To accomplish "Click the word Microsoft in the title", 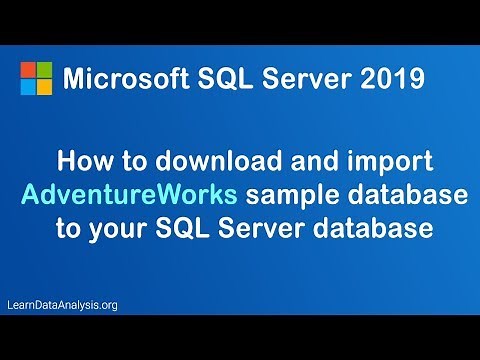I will click(x=118, y=78).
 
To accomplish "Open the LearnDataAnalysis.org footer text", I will click(x=62, y=304).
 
